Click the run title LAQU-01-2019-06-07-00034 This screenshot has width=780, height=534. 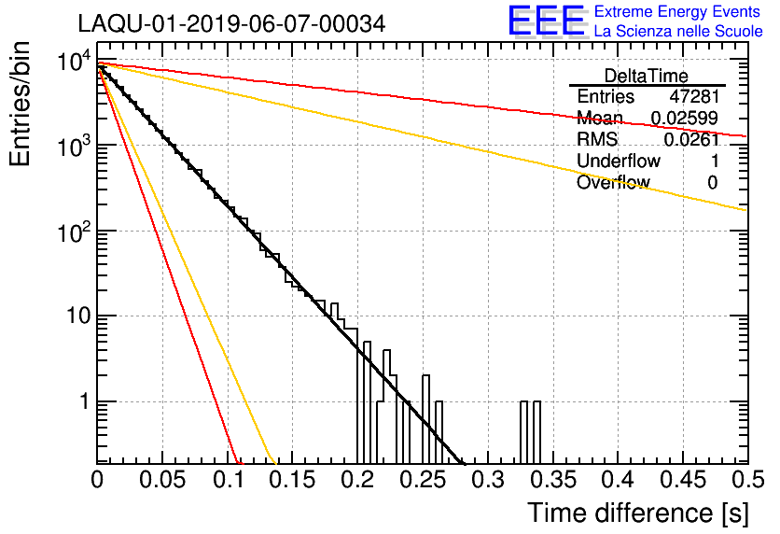[x=231, y=23]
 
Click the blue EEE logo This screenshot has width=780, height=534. [x=547, y=21]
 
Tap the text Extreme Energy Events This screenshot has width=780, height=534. [x=677, y=11]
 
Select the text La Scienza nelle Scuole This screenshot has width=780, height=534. [x=678, y=31]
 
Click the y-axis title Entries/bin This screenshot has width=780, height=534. [x=20, y=104]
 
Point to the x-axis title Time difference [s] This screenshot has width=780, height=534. [x=638, y=513]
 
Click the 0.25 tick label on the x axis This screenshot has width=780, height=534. [x=425, y=479]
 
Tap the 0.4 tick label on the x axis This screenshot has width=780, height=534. [x=620, y=479]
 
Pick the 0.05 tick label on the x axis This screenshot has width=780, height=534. [x=162, y=479]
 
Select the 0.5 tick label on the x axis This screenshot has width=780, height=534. [x=748, y=479]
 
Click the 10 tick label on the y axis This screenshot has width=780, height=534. [x=78, y=316]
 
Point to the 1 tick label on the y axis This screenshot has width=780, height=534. [x=85, y=401]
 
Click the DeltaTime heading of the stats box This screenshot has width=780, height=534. [x=647, y=76]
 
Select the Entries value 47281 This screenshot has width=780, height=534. [x=694, y=96]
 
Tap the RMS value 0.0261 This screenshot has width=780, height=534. [x=691, y=139]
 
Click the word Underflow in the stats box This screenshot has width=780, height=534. [x=619, y=161]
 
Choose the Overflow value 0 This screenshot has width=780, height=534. [x=713, y=183]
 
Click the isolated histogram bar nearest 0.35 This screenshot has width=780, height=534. [x=536, y=432]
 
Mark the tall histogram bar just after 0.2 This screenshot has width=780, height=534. [x=367, y=402]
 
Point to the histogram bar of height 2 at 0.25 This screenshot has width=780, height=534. [x=425, y=419]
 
